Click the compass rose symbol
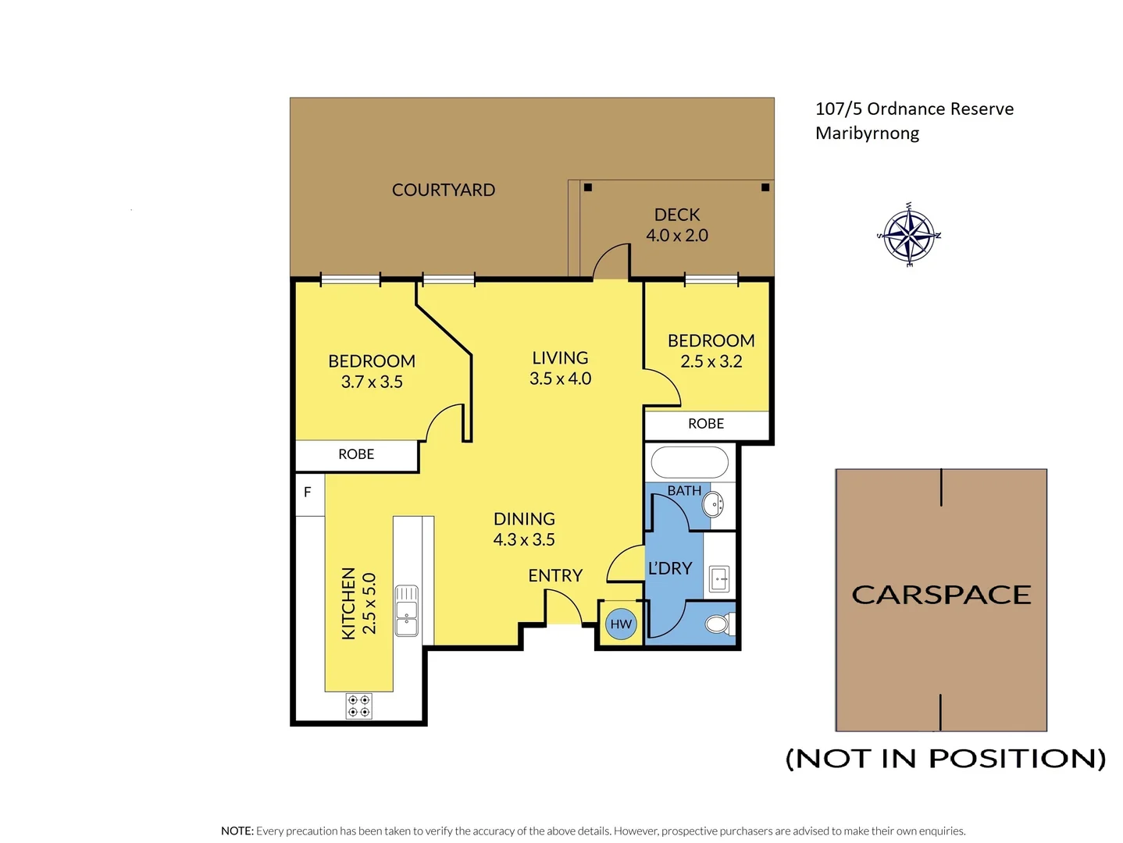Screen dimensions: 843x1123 coord(909,235)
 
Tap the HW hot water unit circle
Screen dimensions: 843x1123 coord(621,624)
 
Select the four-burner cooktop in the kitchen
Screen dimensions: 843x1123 coord(359,706)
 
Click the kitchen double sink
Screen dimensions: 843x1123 coord(406,610)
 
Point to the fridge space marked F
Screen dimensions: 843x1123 coord(308,493)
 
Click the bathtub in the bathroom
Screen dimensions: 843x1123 coord(690,462)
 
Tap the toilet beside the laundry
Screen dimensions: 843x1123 coord(717,624)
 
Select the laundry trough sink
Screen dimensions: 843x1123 coord(719,579)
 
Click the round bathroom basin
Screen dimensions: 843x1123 coord(713,504)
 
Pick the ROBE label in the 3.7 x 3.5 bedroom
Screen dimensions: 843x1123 coord(356,454)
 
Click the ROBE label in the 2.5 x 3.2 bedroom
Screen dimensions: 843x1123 coord(706,424)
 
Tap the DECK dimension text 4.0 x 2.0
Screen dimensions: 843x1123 coord(677,236)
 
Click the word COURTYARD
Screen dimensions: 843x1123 coord(444,190)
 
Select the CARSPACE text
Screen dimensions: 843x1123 coord(941,595)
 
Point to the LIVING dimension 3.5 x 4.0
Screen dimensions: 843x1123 coord(560,379)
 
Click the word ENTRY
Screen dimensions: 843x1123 coord(555,576)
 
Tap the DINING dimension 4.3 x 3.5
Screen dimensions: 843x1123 coord(524,539)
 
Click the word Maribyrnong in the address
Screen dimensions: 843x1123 coord(867,133)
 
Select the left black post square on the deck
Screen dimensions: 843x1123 coord(588,187)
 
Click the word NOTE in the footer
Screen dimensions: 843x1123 coord(237,831)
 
